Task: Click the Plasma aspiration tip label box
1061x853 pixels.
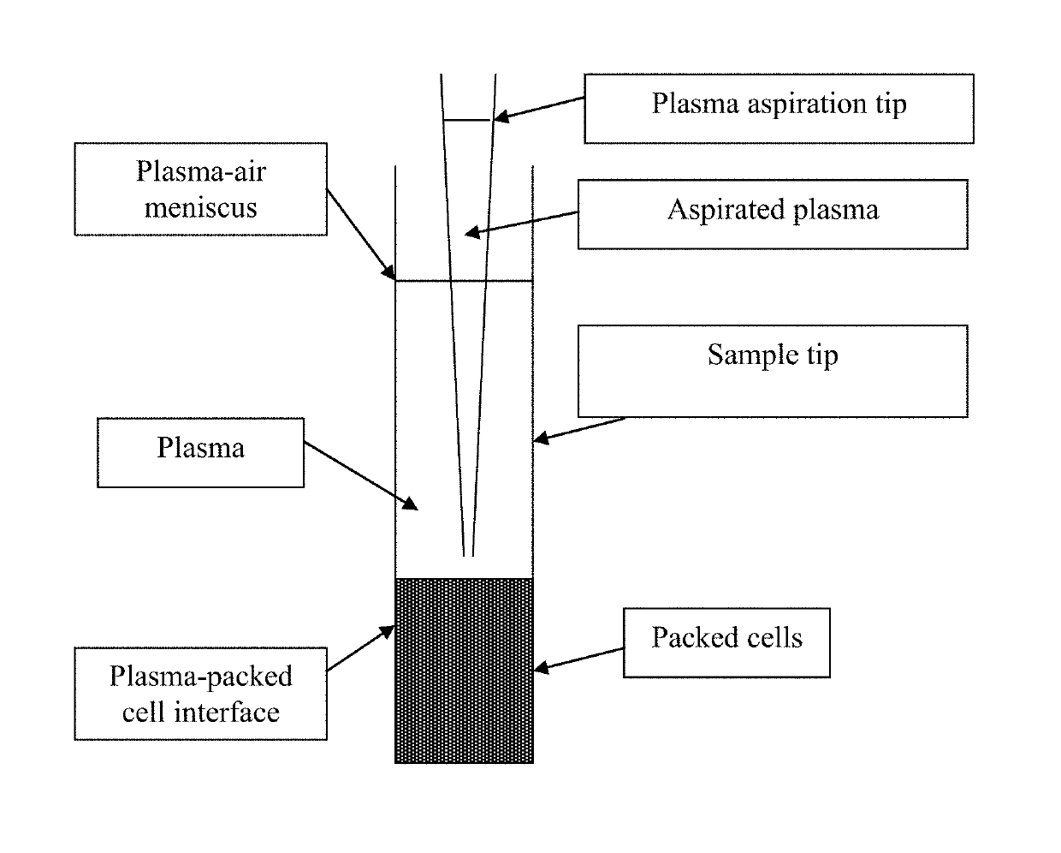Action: click(x=779, y=109)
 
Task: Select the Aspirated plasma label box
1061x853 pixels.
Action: click(x=773, y=214)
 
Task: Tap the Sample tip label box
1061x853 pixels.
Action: click(x=773, y=371)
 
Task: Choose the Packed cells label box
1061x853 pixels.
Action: click(x=726, y=642)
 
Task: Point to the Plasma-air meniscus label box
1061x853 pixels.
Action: click(x=201, y=189)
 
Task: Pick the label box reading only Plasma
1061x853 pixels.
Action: click(x=201, y=453)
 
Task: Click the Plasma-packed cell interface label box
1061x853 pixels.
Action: click(x=201, y=694)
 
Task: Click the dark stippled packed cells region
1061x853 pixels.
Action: click(x=464, y=671)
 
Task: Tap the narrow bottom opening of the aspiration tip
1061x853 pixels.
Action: click(x=469, y=555)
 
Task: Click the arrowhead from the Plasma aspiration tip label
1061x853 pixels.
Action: click(x=500, y=117)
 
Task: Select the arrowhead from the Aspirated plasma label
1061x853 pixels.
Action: click(x=471, y=232)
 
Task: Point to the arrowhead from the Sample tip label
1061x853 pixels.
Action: click(x=541, y=438)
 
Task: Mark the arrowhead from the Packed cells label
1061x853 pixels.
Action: click(x=541, y=668)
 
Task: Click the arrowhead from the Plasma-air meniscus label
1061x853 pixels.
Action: click(x=389, y=273)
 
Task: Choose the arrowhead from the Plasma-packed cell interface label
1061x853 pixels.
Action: click(x=388, y=632)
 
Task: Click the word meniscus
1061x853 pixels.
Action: click(x=201, y=207)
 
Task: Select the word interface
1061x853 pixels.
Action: click(x=227, y=712)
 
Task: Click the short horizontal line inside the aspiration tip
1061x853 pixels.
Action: click(x=467, y=120)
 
